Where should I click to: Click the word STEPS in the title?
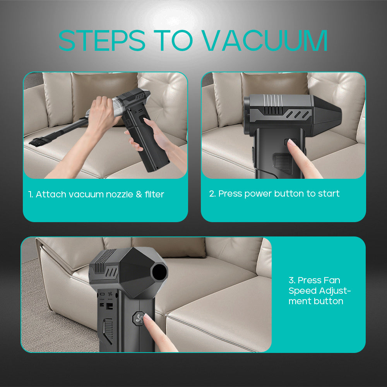(102, 40)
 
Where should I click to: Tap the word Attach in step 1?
(51, 194)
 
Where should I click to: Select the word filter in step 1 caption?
(154, 194)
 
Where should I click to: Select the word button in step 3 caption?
(329, 301)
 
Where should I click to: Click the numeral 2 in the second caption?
(212, 193)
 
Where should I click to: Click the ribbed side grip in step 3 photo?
(109, 330)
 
